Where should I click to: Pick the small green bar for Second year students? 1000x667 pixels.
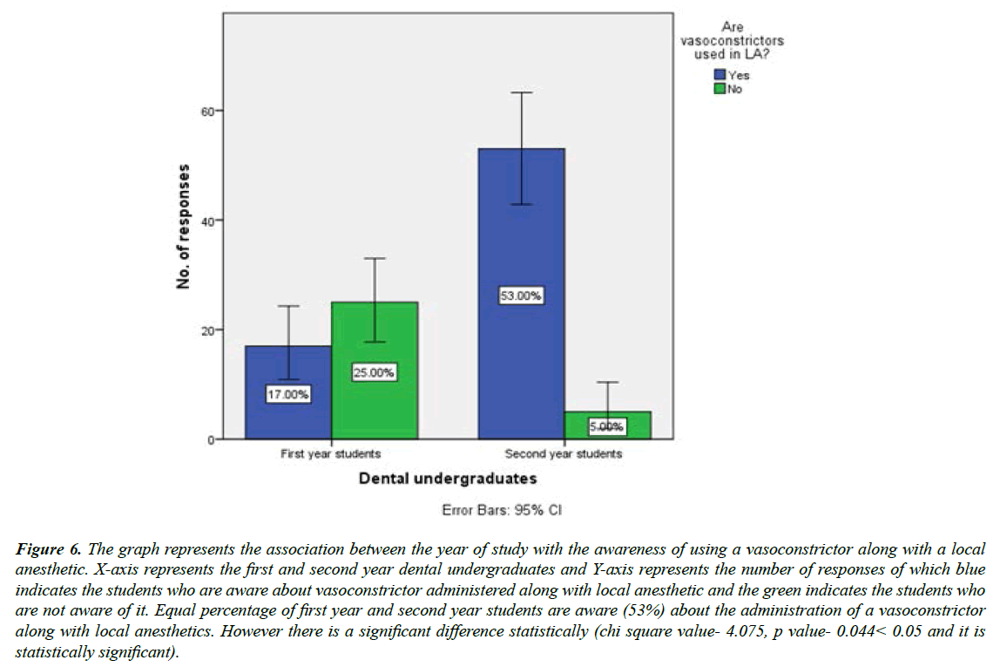(607, 425)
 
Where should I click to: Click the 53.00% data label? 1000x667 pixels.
(521, 296)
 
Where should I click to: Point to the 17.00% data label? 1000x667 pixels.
(288, 394)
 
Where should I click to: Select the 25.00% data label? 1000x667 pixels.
(374, 373)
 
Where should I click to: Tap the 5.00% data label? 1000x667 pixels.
(607, 427)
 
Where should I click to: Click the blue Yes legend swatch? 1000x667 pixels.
(720, 76)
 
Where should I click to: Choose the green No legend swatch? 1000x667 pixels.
(720, 89)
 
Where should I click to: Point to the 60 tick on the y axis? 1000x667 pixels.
(210, 111)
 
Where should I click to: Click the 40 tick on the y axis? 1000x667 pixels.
(210, 221)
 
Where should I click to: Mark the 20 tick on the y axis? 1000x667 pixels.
(210, 330)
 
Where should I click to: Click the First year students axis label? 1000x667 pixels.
(331, 454)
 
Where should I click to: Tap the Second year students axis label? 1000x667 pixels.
(564, 454)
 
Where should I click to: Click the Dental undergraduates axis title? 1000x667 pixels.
(447, 478)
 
